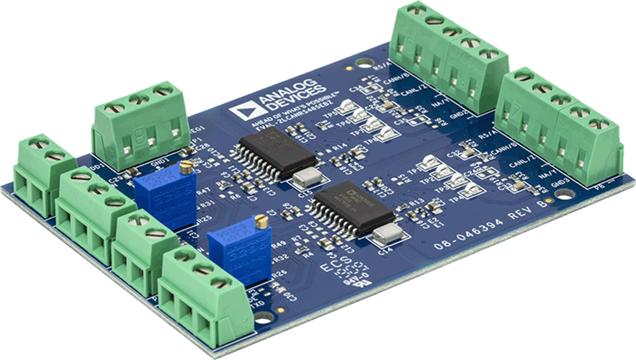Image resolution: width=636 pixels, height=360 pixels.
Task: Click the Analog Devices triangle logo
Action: [240, 110]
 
